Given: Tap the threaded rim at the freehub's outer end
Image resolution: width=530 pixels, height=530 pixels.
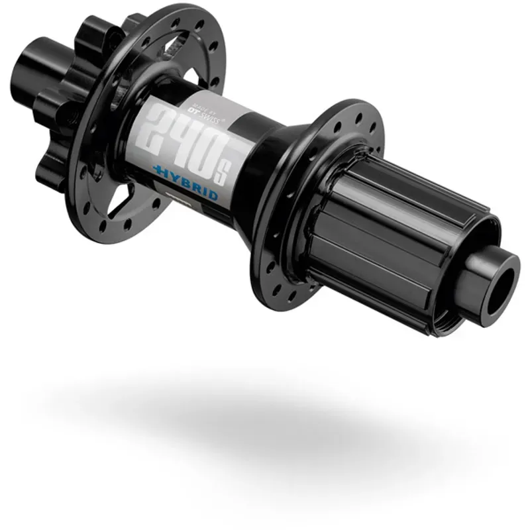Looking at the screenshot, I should pyautogui.click(x=457, y=311).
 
